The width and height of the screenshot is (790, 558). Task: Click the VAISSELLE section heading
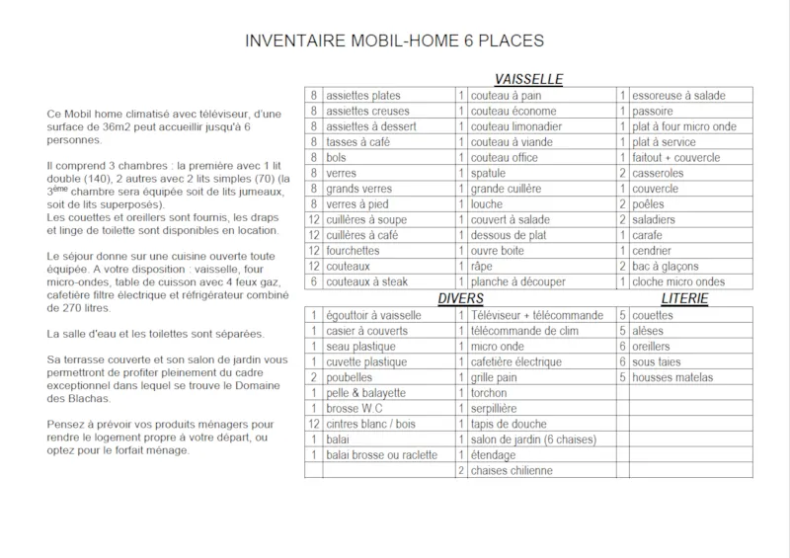(x=528, y=78)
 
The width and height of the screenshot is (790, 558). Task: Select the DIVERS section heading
(x=461, y=298)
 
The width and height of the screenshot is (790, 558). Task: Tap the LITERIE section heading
(x=685, y=298)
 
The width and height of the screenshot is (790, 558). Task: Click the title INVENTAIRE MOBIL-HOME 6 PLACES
(x=394, y=41)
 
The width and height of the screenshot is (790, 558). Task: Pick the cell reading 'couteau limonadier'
(x=516, y=127)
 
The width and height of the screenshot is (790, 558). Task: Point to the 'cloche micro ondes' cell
(x=682, y=281)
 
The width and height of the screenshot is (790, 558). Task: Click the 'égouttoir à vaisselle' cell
(x=373, y=315)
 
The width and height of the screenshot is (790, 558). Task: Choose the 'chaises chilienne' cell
(x=512, y=470)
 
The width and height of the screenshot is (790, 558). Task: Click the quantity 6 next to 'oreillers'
(x=622, y=347)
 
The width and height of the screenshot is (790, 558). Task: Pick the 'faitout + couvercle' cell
(x=676, y=158)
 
